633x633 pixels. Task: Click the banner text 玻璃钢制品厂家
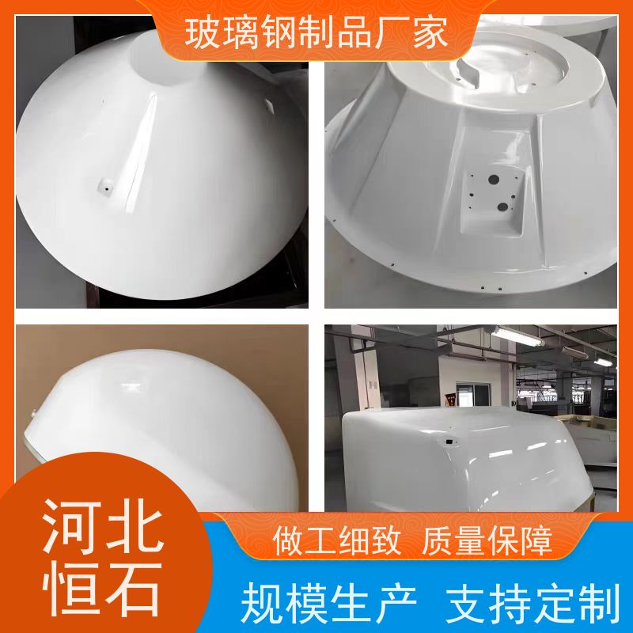[316, 34]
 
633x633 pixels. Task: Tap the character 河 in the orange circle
[71, 526]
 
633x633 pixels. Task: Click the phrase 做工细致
[337, 541]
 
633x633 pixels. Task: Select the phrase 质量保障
[487, 541]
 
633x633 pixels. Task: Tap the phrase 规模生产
[328, 603]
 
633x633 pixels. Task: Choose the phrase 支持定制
[533, 603]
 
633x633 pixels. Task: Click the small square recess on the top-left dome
[105, 187]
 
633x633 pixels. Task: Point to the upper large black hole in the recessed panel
[493, 180]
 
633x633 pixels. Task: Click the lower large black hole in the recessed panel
[502, 207]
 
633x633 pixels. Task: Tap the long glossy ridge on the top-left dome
[141, 154]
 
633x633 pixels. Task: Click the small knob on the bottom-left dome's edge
[34, 412]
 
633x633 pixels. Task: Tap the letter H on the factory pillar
[373, 385]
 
